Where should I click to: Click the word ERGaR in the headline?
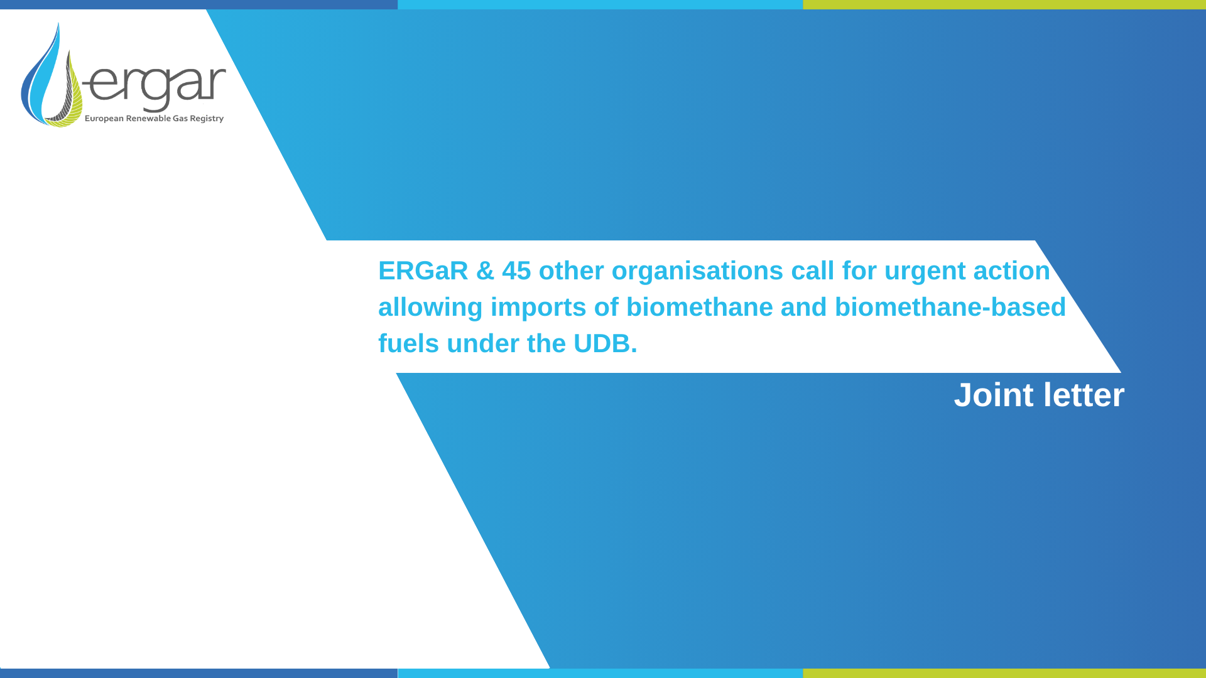(423, 271)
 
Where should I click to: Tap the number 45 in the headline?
(516, 271)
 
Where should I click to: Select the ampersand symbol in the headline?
(485, 271)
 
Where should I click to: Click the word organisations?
(697, 271)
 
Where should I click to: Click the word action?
(1011, 271)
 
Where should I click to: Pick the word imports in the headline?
(538, 308)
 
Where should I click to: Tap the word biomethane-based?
(950, 308)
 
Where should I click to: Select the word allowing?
(430, 308)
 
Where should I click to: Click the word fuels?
(408, 344)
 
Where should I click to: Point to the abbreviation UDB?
(602, 344)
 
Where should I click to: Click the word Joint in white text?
(993, 395)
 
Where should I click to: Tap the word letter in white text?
(1084, 395)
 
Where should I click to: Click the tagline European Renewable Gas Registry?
(154, 119)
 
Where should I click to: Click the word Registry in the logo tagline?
(207, 119)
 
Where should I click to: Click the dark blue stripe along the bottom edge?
(198, 673)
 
